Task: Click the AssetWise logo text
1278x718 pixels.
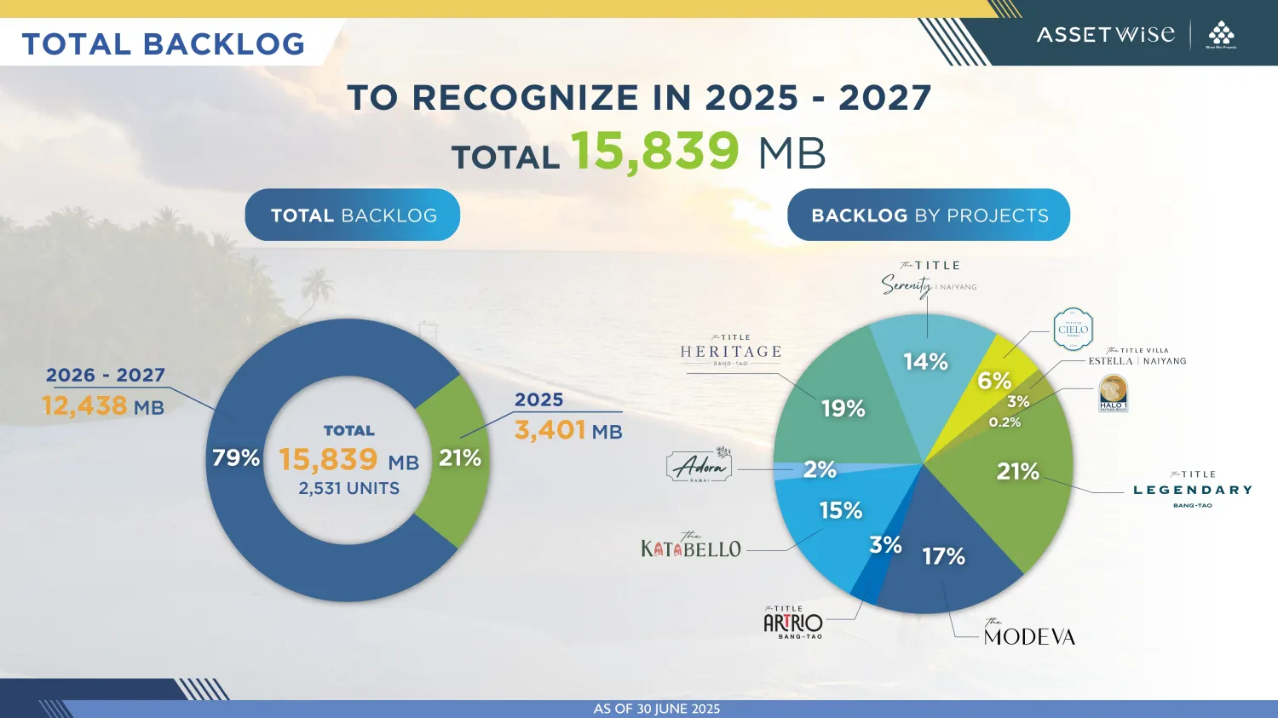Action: [1105, 35]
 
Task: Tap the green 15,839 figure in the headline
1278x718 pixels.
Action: [654, 152]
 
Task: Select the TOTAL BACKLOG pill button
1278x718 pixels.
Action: [353, 215]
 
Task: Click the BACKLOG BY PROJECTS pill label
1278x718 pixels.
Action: [929, 215]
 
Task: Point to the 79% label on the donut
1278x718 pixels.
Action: [236, 458]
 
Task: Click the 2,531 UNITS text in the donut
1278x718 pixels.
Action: [348, 489]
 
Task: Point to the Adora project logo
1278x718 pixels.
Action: [699, 466]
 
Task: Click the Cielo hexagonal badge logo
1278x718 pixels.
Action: [1073, 330]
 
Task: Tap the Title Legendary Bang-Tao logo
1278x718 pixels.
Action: [1192, 490]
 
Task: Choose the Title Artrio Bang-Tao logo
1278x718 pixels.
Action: [793, 623]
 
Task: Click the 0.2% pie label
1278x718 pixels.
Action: [1005, 422]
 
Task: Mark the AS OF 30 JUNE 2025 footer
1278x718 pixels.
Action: [656, 709]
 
